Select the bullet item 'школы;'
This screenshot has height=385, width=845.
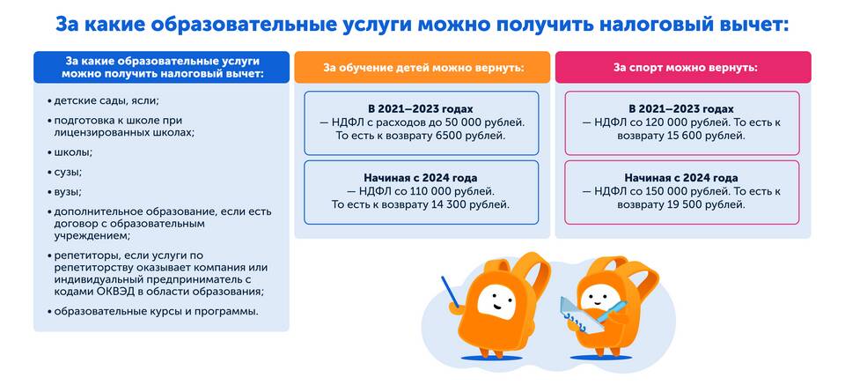[70, 152]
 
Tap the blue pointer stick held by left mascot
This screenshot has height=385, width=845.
[450, 292]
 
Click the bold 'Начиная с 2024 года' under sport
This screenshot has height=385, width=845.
[681, 177]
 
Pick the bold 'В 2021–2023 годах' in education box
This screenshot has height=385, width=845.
[421, 109]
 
